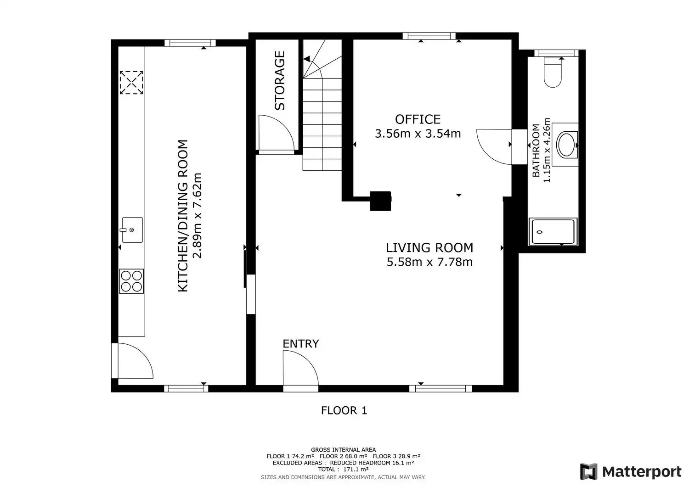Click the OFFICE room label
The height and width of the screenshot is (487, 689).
(x=418, y=119)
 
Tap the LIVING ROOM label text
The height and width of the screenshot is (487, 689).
(x=429, y=247)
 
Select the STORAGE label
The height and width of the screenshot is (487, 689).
(x=280, y=80)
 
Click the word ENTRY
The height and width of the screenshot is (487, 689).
(x=301, y=344)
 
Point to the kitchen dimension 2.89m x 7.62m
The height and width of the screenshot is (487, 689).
(x=197, y=216)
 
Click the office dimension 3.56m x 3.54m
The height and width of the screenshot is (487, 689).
(x=418, y=134)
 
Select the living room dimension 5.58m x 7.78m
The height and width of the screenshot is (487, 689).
(x=429, y=262)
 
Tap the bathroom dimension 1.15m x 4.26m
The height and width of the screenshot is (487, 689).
(x=547, y=150)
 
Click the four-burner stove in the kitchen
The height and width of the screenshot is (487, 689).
(x=131, y=281)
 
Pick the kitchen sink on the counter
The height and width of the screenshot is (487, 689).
(x=132, y=230)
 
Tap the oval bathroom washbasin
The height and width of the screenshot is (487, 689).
(x=566, y=145)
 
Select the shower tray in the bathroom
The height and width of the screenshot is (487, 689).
(x=553, y=232)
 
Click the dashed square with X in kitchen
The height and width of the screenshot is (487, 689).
(x=131, y=83)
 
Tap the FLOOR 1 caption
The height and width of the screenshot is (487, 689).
(x=344, y=410)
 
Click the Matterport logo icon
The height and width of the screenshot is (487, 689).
(x=588, y=471)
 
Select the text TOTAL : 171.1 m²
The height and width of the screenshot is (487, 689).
(x=343, y=469)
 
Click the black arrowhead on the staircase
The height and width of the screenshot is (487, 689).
(x=307, y=59)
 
